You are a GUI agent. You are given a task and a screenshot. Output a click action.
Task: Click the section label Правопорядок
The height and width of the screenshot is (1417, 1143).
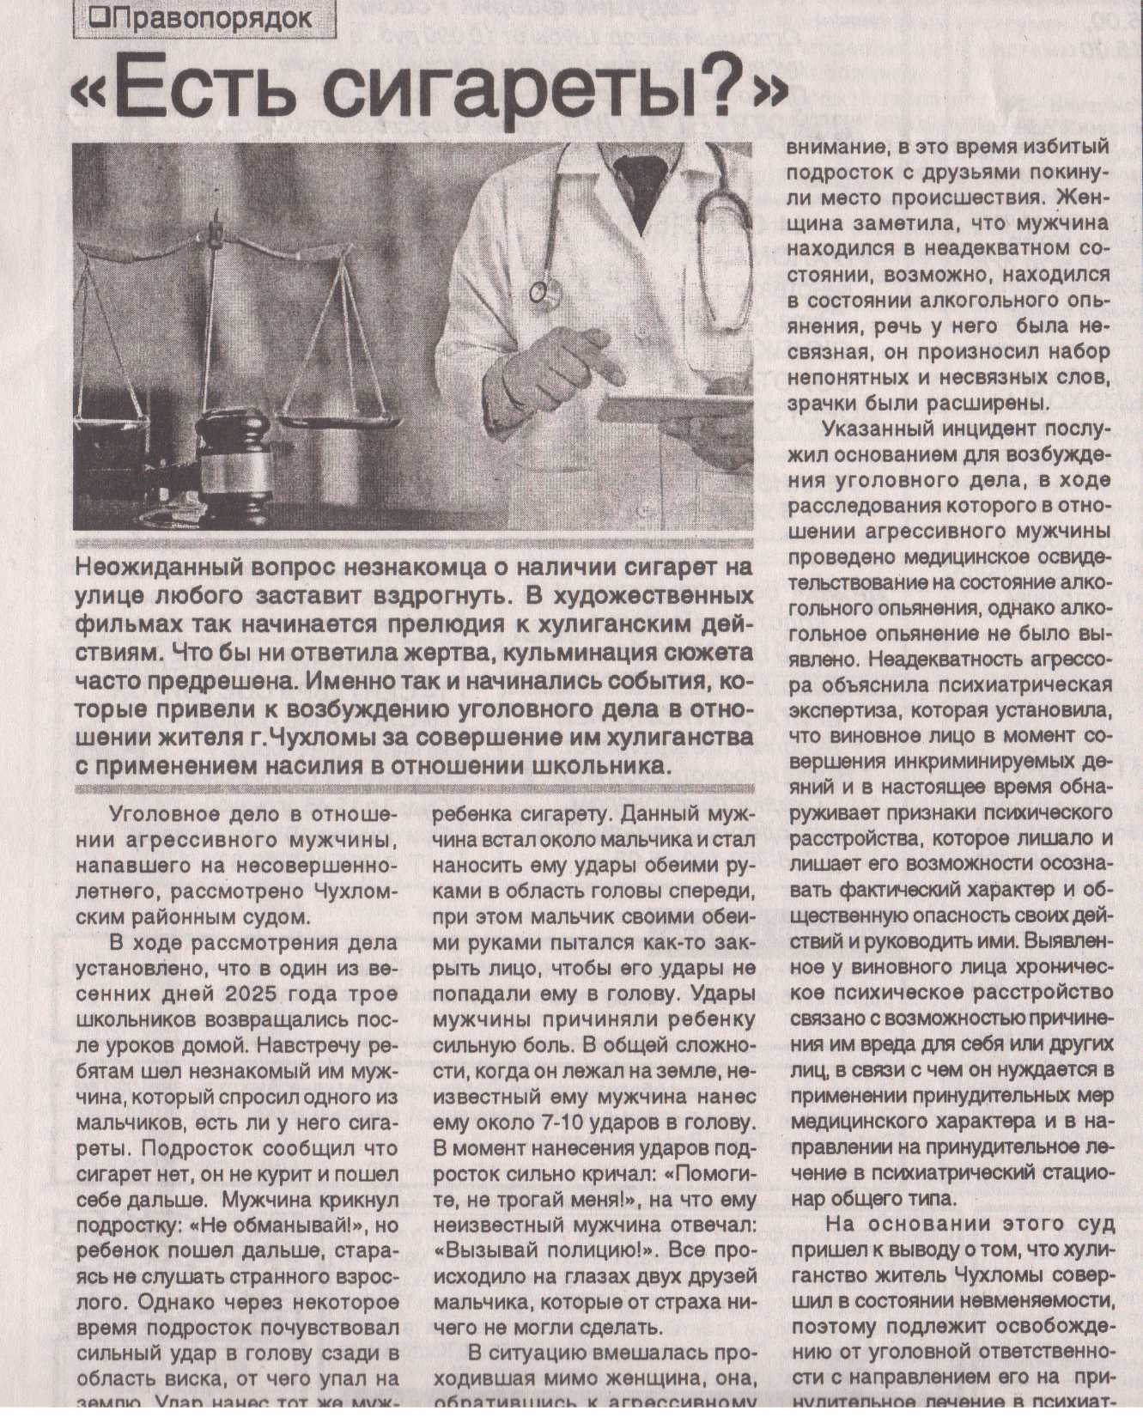pyautogui.click(x=211, y=17)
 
